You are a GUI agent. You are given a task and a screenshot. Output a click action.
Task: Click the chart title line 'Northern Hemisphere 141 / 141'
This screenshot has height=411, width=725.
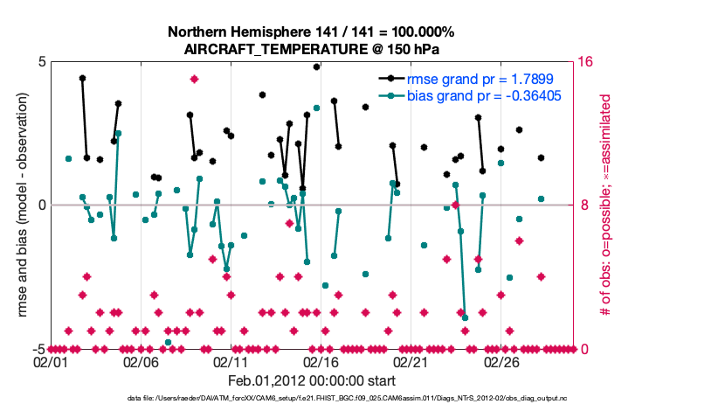coord(311,32)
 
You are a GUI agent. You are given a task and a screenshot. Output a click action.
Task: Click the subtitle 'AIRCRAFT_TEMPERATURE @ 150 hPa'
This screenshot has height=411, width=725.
coord(311,49)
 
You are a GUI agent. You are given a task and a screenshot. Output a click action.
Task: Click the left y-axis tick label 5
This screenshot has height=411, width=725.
coord(41,62)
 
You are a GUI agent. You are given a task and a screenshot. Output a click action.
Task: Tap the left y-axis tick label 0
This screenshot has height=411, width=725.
coord(41,205)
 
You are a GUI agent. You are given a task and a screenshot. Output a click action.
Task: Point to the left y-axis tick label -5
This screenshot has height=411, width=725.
coord(38,349)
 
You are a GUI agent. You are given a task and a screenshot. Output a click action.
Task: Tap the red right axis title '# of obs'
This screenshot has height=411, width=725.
coord(604,205)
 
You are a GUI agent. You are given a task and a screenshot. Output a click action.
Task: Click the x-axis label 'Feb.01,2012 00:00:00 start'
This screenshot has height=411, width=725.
coord(311,380)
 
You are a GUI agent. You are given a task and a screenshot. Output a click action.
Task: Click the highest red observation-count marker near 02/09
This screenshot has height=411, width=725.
coord(194,79)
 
